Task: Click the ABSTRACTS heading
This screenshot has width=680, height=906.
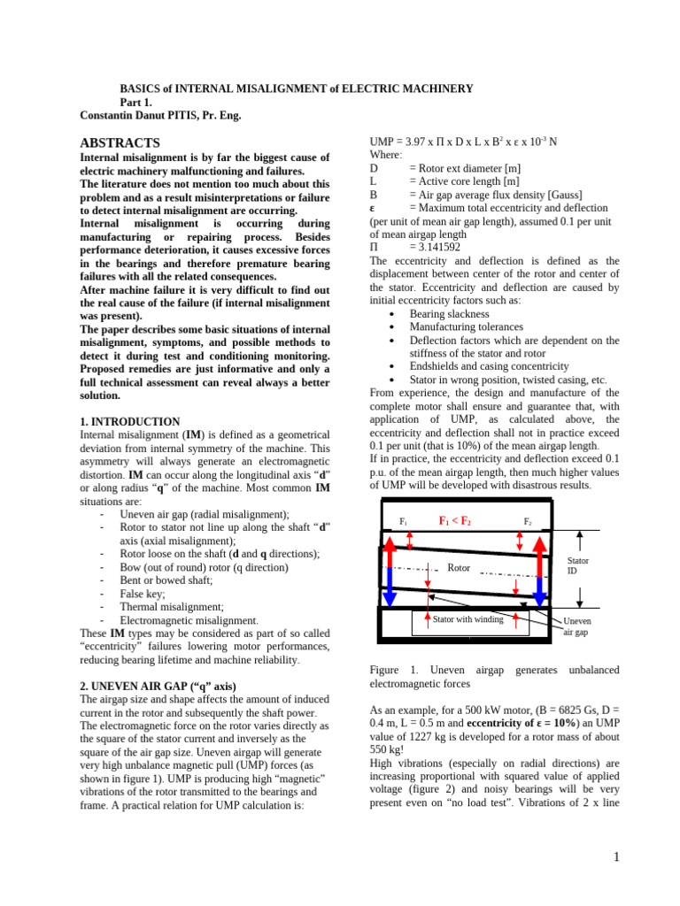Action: [x=120, y=142]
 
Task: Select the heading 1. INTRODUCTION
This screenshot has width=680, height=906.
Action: [x=129, y=422]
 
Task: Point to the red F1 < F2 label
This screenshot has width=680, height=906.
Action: [x=455, y=521]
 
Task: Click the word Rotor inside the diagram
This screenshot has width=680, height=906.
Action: [x=459, y=568]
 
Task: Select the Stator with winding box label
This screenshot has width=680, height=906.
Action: [x=467, y=619]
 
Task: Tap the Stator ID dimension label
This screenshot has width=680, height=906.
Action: [x=577, y=565]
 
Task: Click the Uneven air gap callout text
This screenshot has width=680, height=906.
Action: [x=576, y=626]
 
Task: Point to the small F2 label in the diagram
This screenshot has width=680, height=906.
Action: [x=528, y=522]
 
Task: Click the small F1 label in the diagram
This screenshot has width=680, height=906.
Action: [x=403, y=522]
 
